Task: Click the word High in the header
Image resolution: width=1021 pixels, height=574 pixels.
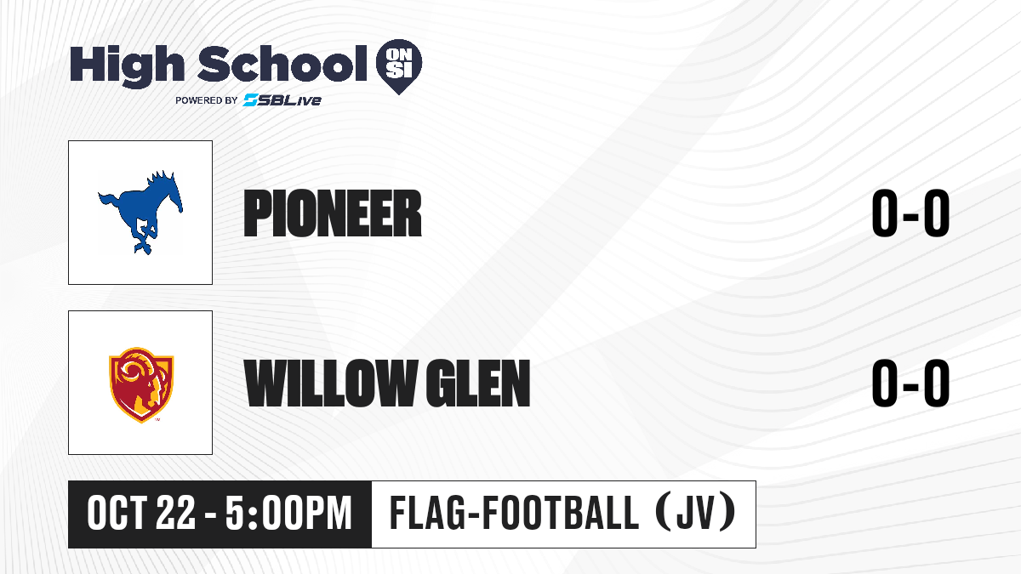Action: pos(127,66)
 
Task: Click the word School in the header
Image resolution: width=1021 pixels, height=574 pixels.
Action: pos(282,64)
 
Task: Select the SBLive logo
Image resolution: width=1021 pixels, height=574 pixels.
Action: pos(282,100)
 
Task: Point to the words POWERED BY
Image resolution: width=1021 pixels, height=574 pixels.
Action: pos(207,100)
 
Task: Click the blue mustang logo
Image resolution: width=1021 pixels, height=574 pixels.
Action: pos(140,213)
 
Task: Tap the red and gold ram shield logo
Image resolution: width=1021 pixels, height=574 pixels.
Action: pos(141,385)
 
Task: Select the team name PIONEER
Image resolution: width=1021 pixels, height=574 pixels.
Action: pos(333,213)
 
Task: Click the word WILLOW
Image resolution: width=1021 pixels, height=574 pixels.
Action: pos(330,383)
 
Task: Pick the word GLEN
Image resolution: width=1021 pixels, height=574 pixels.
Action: pos(478,383)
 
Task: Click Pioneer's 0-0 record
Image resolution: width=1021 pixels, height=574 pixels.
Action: pos(910,213)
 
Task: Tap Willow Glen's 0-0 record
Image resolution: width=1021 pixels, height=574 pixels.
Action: pos(910,383)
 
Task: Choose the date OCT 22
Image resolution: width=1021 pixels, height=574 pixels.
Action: pos(141,514)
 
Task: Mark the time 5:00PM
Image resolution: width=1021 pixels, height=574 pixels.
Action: pos(289,514)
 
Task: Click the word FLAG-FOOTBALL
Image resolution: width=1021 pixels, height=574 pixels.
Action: pos(514,514)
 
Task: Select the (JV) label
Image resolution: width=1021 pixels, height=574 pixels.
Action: pos(696,514)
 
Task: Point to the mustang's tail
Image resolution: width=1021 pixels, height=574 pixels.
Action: pos(109,202)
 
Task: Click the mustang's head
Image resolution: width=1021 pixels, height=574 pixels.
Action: pos(172,191)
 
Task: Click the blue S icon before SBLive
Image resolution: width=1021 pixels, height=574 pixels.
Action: pos(251,100)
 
